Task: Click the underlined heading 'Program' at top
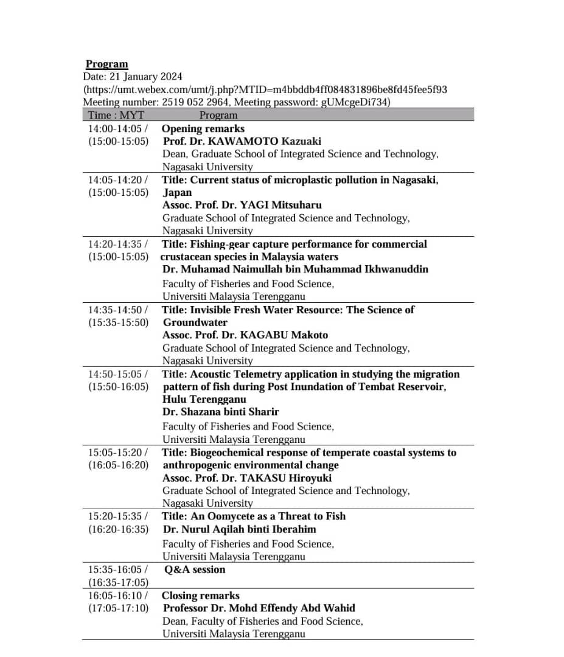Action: [x=106, y=64]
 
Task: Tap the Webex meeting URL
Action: [x=266, y=89]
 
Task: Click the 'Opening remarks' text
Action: [x=203, y=128]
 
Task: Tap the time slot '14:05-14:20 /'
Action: [x=118, y=179]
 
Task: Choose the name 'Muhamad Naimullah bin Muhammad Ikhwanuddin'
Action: [x=296, y=269]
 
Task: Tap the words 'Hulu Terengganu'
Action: [x=204, y=399]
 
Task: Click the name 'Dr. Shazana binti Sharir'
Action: [x=221, y=412]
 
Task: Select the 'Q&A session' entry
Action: [x=195, y=569]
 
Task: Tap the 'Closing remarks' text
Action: [x=201, y=596]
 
